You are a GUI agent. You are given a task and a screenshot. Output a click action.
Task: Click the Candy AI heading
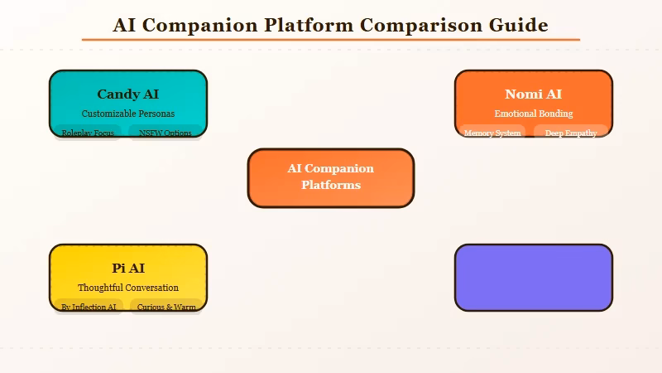click(x=127, y=94)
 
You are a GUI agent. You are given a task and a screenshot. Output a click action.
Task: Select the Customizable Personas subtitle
click(x=127, y=114)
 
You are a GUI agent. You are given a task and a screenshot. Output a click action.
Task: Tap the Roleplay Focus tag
click(x=88, y=133)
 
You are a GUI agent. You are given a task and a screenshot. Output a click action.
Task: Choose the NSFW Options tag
click(x=165, y=133)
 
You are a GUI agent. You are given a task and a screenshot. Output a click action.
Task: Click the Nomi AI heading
click(x=533, y=94)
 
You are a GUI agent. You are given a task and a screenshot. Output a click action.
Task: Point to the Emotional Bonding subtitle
click(x=533, y=114)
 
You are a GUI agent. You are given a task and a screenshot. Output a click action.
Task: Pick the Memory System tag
click(x=492, y=133)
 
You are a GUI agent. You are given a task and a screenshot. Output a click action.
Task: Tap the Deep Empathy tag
click(x=571, y=133)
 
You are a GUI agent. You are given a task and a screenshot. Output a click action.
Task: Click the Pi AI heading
click(x=127, y=269)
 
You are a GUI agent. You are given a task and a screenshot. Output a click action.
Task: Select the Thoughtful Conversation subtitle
click(x=127, y=288)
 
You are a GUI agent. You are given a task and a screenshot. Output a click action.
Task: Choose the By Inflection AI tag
click(x=89, y=307)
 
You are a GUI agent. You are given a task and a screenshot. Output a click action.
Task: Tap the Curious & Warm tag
click(x=166, y=307)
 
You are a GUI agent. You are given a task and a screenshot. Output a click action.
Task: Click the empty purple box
click(x=533, y=278)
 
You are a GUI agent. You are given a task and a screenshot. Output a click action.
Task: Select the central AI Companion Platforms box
click(x=330, y=177)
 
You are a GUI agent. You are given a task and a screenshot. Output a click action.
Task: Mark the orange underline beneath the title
click(x=330, y=39)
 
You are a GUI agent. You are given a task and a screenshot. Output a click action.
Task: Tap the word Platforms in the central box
click(x=330, y=186)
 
